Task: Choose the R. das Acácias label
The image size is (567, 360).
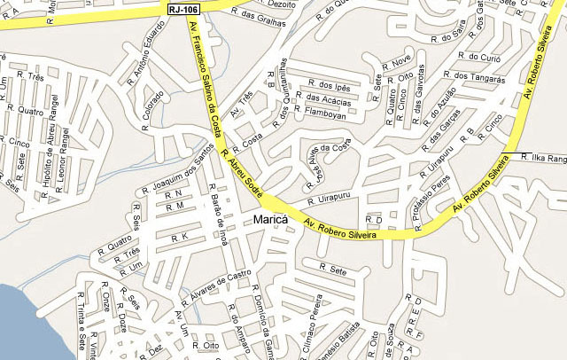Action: [x=329, y=101]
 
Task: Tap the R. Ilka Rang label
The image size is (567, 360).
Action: [x=543, y=157]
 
